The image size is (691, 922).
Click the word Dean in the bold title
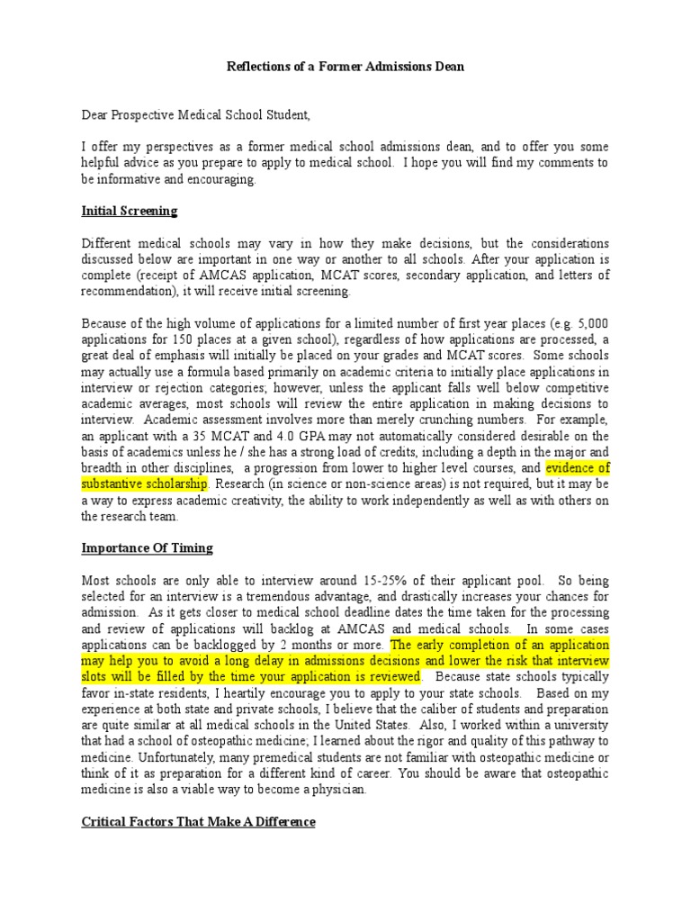pyautogui.click(x=448, y=68)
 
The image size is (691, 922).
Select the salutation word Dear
pyautogui.click(x=96, y=115)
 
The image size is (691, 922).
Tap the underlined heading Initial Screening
pyautogui.click(x=130, y=212)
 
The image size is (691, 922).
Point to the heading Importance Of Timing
pyautogui.click(x=148, y=547)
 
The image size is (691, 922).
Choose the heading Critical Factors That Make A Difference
pyautogui.click(x=199, y=821)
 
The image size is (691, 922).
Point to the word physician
pyautogui.click(x=337, y=790)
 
